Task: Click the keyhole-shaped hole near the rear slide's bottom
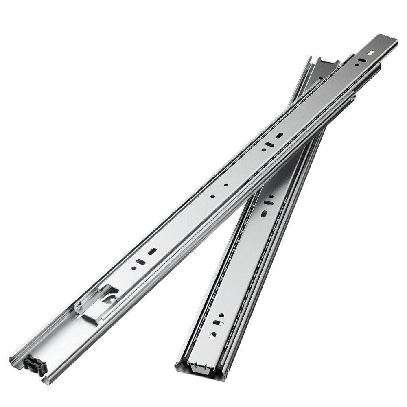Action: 214,335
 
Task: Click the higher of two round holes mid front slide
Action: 225,185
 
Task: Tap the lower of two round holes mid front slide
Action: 212,196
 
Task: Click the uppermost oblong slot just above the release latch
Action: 153,252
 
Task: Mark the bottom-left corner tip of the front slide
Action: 11,358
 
